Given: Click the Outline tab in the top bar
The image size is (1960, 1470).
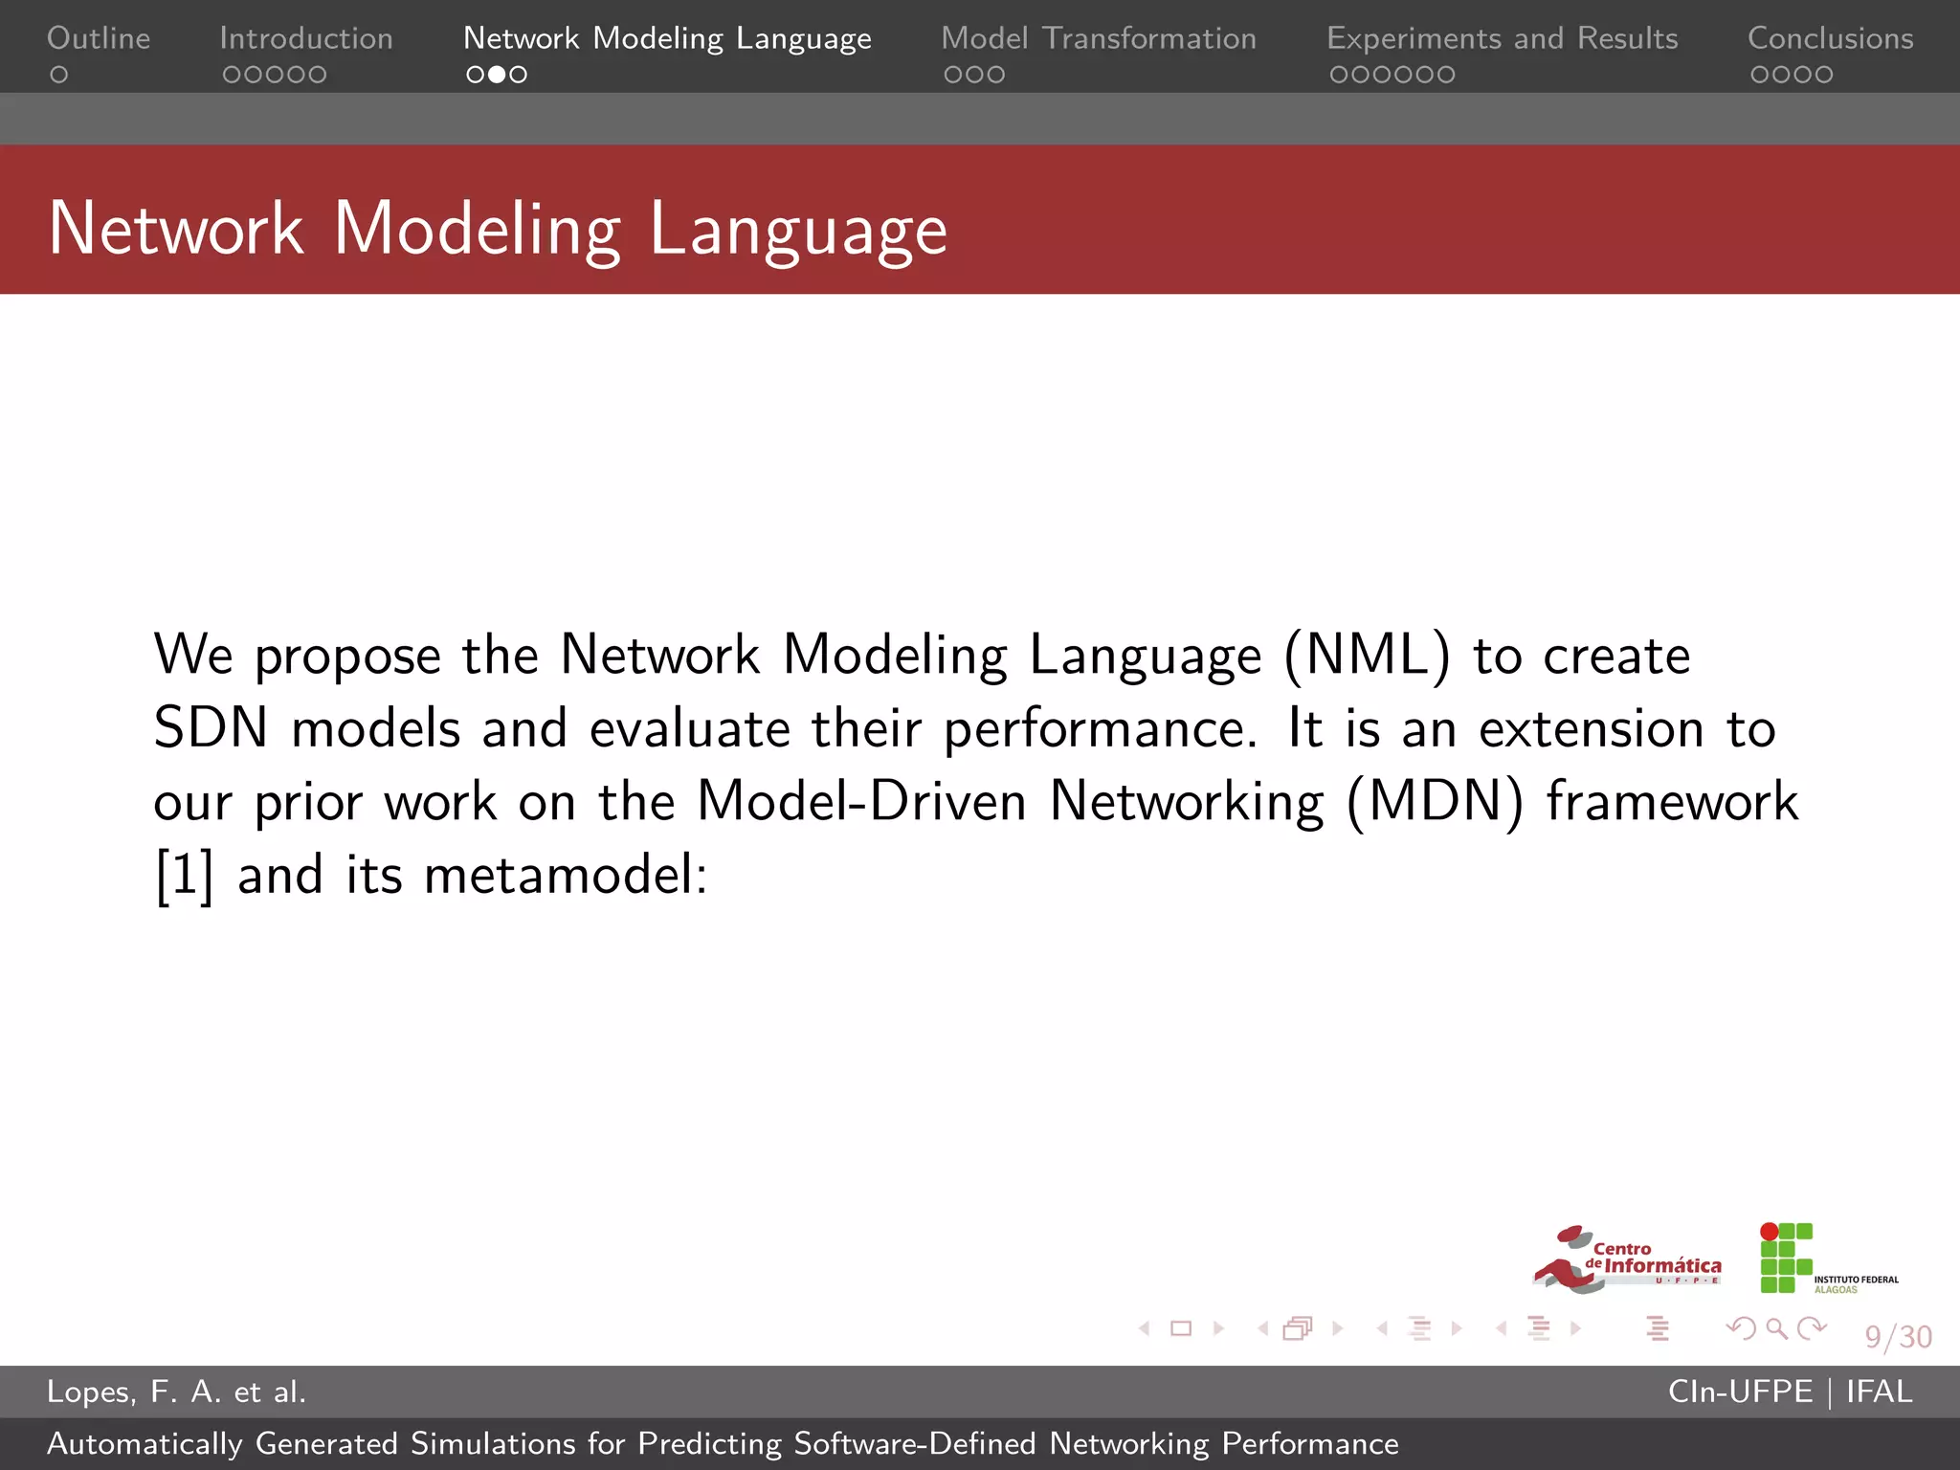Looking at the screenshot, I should click(99, 38).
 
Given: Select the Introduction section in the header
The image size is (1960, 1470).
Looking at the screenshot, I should click(305, 38).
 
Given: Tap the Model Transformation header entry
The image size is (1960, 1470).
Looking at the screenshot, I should click(1098, 38).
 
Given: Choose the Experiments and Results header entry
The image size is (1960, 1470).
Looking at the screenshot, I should click(1501, 38).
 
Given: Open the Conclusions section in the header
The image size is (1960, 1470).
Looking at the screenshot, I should click(1830, 38).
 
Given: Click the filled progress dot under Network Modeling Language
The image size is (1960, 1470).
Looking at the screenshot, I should click(497, 75).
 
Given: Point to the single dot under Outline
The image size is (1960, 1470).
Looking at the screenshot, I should click(59, 75).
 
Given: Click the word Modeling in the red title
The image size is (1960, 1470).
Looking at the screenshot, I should click(477, 230).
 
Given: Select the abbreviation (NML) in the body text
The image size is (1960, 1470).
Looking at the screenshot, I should click(1367, 656).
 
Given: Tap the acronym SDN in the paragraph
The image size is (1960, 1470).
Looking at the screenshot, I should click(211, 728).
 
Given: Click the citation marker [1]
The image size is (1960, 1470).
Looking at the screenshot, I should click(184, 875).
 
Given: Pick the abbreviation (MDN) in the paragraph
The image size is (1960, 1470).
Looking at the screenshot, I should click(1434, 801).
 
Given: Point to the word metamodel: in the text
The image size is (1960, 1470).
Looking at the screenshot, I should click(565, 875).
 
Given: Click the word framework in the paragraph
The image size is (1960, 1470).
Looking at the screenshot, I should click(1672, 801).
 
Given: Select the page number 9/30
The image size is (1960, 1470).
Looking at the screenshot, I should click(1898, 1336).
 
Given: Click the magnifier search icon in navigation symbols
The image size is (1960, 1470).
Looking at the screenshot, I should click(1776, 1328).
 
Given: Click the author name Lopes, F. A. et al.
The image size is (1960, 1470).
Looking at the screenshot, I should click(176, 1392).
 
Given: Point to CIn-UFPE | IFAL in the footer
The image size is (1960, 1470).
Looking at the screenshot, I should click(1790, 1392).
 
